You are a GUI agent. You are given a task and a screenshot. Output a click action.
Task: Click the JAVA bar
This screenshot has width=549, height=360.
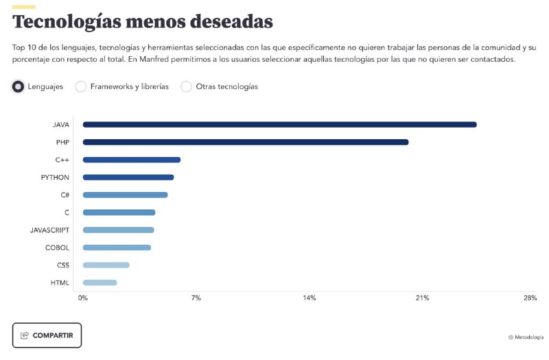(x=280, y=125)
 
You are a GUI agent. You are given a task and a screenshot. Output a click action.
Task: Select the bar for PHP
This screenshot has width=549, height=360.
(x=246, y=142)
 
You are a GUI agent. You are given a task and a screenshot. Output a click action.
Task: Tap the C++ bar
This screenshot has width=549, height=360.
(x=132, y=160)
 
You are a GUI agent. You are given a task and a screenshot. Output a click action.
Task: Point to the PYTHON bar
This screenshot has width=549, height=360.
(x=128, y=178)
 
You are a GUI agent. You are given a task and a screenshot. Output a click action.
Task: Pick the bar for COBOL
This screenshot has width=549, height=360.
(x=117, y=248)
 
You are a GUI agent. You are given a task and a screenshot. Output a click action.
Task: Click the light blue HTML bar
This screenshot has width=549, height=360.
(x=100, y=283)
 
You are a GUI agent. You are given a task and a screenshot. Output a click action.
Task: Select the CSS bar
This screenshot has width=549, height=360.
(x=106, y=265)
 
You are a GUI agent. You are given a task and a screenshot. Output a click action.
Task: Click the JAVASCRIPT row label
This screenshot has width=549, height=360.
(x=49, y=230)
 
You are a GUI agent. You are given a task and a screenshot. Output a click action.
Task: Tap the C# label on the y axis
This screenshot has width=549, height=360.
(x=65, y=195)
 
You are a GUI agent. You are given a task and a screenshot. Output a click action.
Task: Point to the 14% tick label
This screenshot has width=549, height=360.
(x=309, y=298)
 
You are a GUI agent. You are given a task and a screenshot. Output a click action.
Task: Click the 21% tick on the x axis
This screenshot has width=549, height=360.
(x=422, y=298)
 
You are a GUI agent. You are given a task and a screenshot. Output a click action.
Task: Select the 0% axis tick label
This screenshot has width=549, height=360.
(x=83, y=298)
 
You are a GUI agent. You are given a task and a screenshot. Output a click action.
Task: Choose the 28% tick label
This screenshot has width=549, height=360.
(x=530, y=298)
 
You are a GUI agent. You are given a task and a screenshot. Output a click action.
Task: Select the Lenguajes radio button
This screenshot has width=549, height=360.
(x=19, y=86)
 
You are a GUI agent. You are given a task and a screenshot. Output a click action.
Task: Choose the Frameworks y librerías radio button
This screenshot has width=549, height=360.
(x=81, y=86)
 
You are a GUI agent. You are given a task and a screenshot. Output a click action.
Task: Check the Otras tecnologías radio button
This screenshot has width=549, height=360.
(x=186, y=86)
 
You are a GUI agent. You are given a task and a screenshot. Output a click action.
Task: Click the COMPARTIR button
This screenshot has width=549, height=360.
(x=47, y=335)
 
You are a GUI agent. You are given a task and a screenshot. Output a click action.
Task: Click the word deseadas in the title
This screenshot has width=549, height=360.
(x=231, y=22)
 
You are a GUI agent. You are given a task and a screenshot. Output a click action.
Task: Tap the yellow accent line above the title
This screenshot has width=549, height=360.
(x=24, y=7)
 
